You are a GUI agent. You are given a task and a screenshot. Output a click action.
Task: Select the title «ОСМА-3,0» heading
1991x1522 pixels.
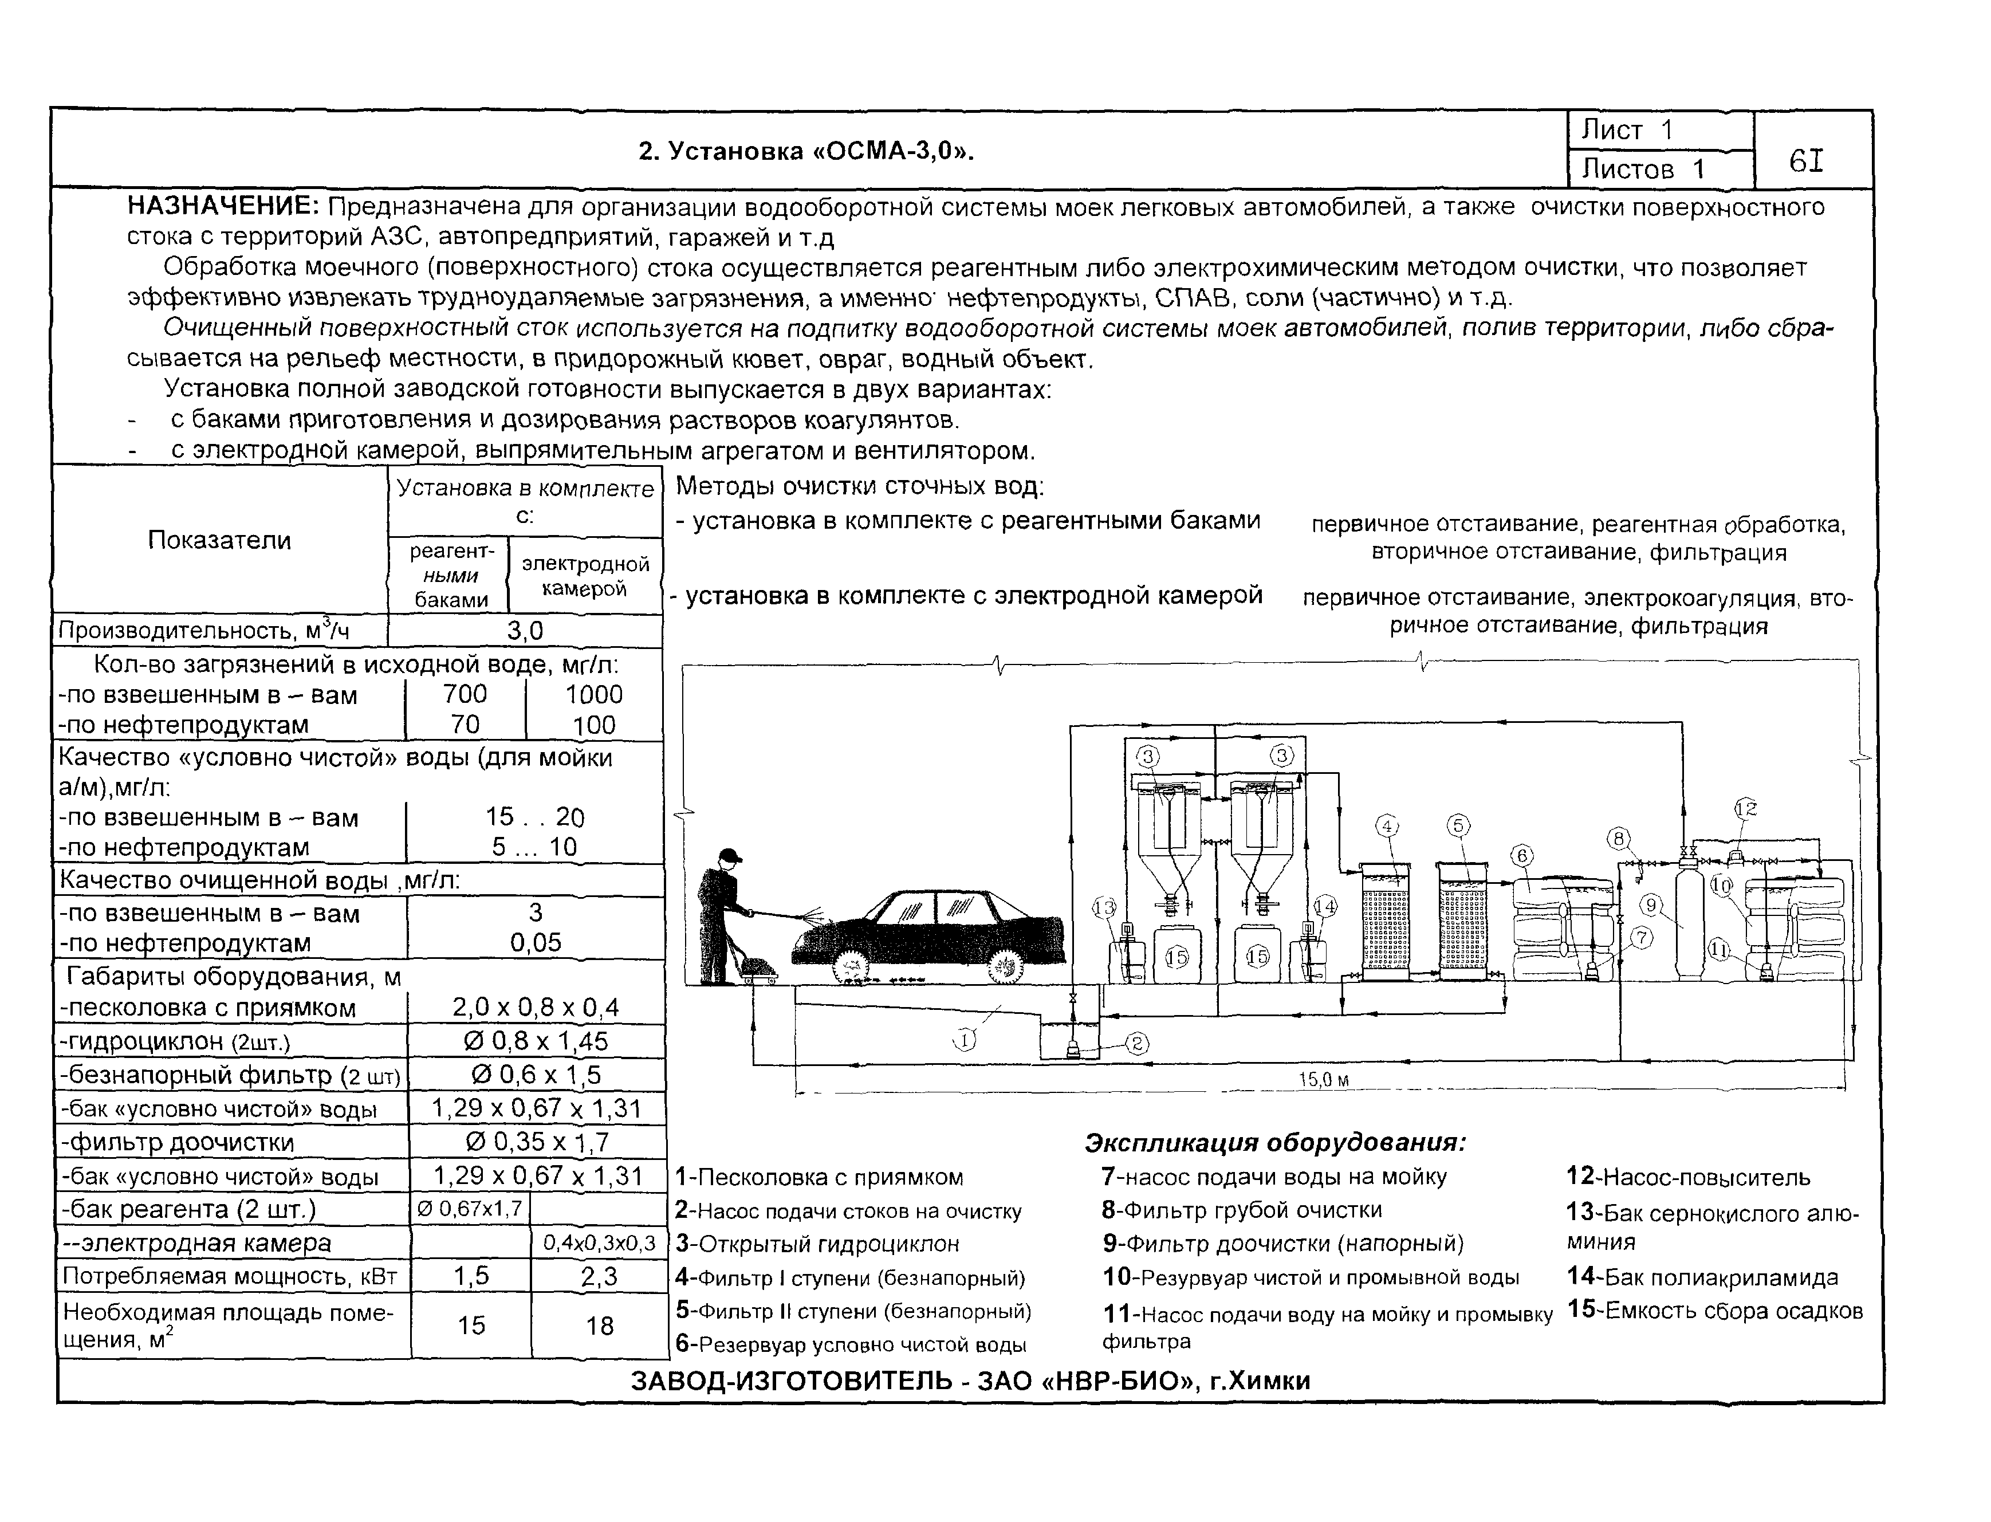[806, 151]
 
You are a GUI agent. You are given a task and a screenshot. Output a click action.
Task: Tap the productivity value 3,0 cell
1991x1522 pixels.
[525, 631]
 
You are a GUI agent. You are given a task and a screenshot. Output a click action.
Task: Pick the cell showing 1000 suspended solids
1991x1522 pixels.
[593, 695]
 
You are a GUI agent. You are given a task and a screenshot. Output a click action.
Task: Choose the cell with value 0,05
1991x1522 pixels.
[536, 942]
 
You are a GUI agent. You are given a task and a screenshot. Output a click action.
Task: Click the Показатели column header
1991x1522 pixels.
[219, 540]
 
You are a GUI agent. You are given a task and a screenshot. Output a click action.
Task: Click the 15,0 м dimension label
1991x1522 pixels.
[1323, 1080]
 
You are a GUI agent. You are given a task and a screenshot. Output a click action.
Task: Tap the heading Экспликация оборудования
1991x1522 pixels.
[1274, 1142]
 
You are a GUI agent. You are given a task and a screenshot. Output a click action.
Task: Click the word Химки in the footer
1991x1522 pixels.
[1269, 1381]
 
